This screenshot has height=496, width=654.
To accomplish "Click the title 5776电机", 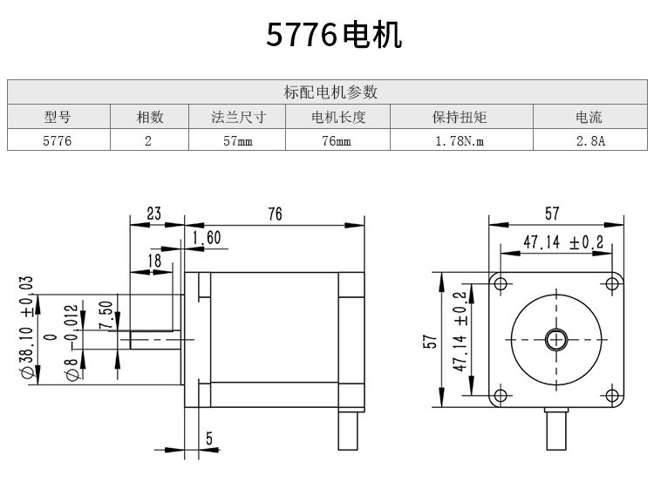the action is tap(334, 35).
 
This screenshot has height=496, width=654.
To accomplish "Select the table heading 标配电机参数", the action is tap(330, 92).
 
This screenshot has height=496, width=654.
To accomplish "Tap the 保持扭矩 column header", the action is tap(460, 117).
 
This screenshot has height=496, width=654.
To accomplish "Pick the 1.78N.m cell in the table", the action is tap(460, 141).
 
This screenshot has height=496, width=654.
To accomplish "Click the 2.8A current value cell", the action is tap(590, 141).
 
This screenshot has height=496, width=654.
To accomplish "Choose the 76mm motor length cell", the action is tap(337, 141).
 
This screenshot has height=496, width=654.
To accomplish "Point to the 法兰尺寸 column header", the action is tap(238, 117).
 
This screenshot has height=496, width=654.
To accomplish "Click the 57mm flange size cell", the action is tap(238, 141).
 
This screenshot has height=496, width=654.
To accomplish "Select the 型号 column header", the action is tap(58, 117).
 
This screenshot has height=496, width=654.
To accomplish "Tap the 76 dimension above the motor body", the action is tap(275, 214).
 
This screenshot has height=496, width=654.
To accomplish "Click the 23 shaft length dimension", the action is tap(153, 214).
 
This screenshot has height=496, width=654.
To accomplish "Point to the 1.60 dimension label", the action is tap(207, 238).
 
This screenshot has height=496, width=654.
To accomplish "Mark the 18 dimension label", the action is tap(154, 261).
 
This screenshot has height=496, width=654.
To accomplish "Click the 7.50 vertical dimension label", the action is tap(106, 315).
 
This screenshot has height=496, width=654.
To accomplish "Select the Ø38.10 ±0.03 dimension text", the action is tap(26, 327).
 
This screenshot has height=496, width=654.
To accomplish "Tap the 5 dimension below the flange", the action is tap(209, 438).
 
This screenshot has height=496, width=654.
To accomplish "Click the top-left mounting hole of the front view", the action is tap(501, 284).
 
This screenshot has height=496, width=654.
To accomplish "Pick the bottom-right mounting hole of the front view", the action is tap(612, 395).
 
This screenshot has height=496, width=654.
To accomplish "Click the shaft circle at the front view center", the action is tap(556, 340).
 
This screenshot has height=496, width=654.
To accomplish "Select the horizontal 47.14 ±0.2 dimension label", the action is tap(563, 241).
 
